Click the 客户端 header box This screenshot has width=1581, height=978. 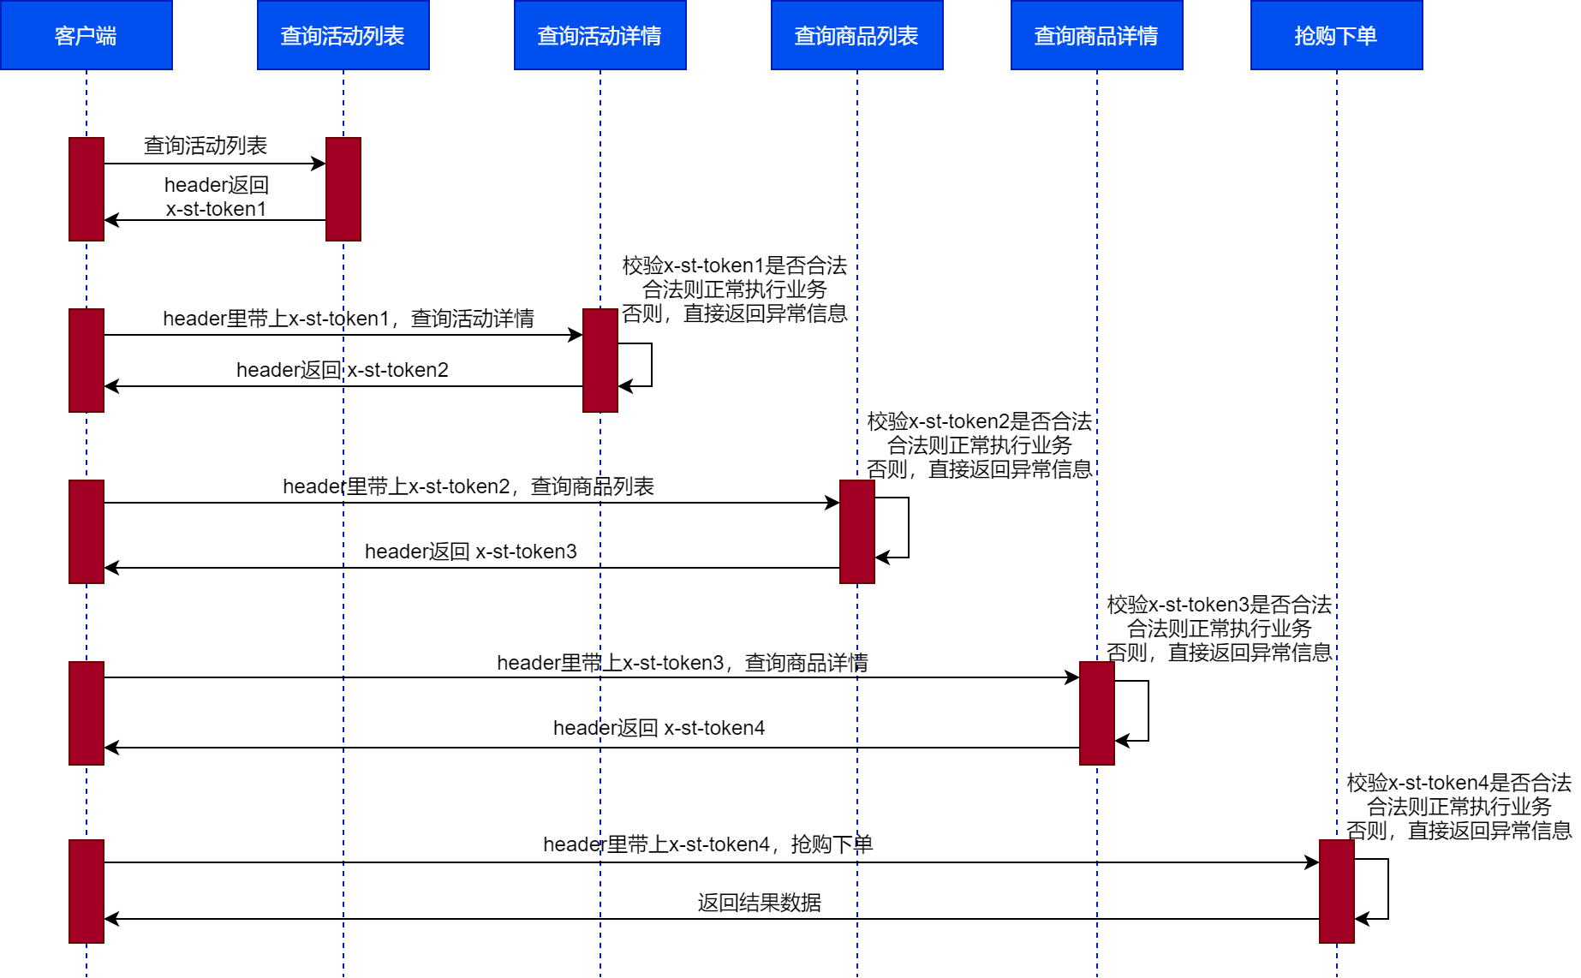(86, 35)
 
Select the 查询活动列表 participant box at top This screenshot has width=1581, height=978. (343, 35)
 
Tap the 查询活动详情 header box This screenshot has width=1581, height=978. (600, 35)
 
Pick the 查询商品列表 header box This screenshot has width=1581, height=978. (856, 35)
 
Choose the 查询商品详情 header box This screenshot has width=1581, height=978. (1096, 35)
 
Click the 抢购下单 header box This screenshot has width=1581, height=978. (1336, 35)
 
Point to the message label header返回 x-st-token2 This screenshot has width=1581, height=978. (343, 370)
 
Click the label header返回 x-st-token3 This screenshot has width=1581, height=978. (470, 552)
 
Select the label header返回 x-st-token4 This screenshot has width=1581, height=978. (659, 728)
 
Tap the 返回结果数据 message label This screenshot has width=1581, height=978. (759, 903)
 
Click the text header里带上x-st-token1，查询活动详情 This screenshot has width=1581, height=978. (349, 319)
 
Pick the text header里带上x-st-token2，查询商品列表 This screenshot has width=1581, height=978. (468, 486)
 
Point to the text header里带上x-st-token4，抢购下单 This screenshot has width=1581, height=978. (707, 844)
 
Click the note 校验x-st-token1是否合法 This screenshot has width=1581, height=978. (734, 265)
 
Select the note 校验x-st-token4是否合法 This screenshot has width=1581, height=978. (1459, 783)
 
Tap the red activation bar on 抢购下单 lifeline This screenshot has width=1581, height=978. (1336, 891)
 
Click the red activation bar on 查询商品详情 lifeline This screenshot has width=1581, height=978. (1096, 713)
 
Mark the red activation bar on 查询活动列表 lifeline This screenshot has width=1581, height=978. (343, 188)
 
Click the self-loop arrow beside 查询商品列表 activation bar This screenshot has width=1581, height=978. (907, 528)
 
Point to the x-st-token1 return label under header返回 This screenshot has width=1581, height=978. (216, 209)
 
